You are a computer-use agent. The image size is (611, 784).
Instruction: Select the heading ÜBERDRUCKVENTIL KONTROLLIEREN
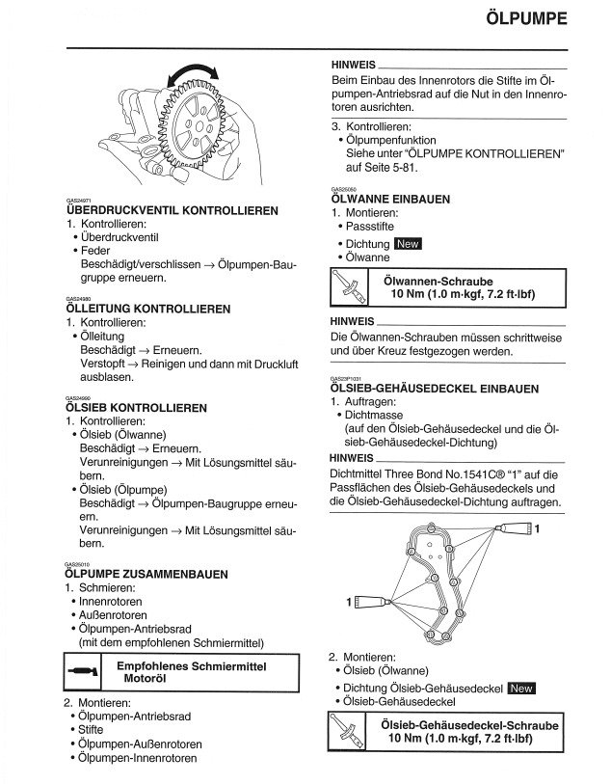[x=172, y=210]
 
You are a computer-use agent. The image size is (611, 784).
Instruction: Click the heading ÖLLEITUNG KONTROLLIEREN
[x=147, y=309]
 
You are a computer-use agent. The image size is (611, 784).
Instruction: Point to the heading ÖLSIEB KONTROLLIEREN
[x=136, y=408]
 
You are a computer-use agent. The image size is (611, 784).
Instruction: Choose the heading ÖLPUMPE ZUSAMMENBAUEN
[x=146, y=574]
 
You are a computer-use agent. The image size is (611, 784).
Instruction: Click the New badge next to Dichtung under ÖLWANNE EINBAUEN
[x=409, y=244]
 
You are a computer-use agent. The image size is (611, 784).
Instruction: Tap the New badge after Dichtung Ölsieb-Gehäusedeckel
[x=521, y=688]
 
